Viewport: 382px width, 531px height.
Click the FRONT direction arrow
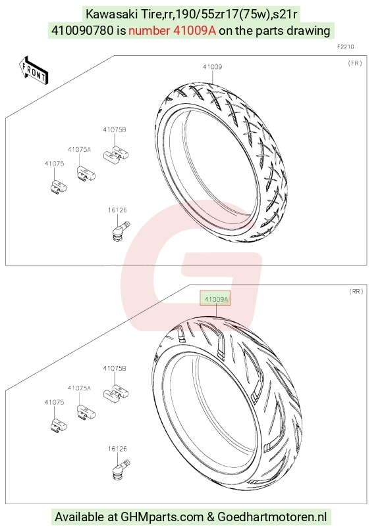coord(33,70)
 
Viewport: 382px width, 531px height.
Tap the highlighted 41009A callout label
coord(215,298)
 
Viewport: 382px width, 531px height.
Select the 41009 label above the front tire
coord(213,67)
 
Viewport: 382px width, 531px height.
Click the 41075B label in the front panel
coord(115,129)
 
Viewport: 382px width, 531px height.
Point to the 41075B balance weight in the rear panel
coord(116,392)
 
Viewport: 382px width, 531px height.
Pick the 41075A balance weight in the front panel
coord(85,173)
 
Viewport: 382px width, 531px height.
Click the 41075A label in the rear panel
coord(80,388)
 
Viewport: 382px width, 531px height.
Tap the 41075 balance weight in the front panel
coord(58,187)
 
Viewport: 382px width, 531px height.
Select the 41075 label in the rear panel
coord(55,402)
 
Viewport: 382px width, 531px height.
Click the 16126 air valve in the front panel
coord(120,231)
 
